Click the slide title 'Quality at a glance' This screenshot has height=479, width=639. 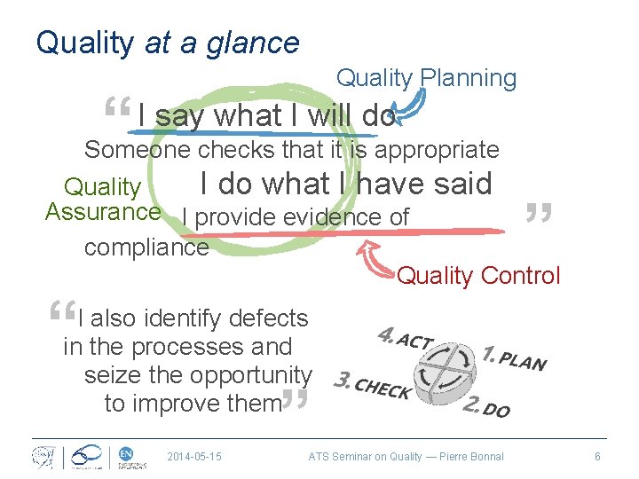(x=167, y=42)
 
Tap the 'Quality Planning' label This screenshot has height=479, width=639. (x=425, y=78)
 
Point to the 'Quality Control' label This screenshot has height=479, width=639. (x=478, y=276)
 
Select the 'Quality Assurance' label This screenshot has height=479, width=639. (x=103, y=200)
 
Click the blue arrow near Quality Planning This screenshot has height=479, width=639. (x=408, y=106)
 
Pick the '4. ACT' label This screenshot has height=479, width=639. (x=406, y=339)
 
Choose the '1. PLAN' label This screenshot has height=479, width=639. (x=514, y=357)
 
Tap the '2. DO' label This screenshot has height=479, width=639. (x=486, y=407)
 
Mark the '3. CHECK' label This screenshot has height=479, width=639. (x=371, y=387)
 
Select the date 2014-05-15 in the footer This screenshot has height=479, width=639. (x=194, y=457)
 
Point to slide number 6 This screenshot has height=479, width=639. (x=597, y=457)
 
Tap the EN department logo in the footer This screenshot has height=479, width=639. (x=128, y=456)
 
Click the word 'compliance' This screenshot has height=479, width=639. (x=146, y=247)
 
